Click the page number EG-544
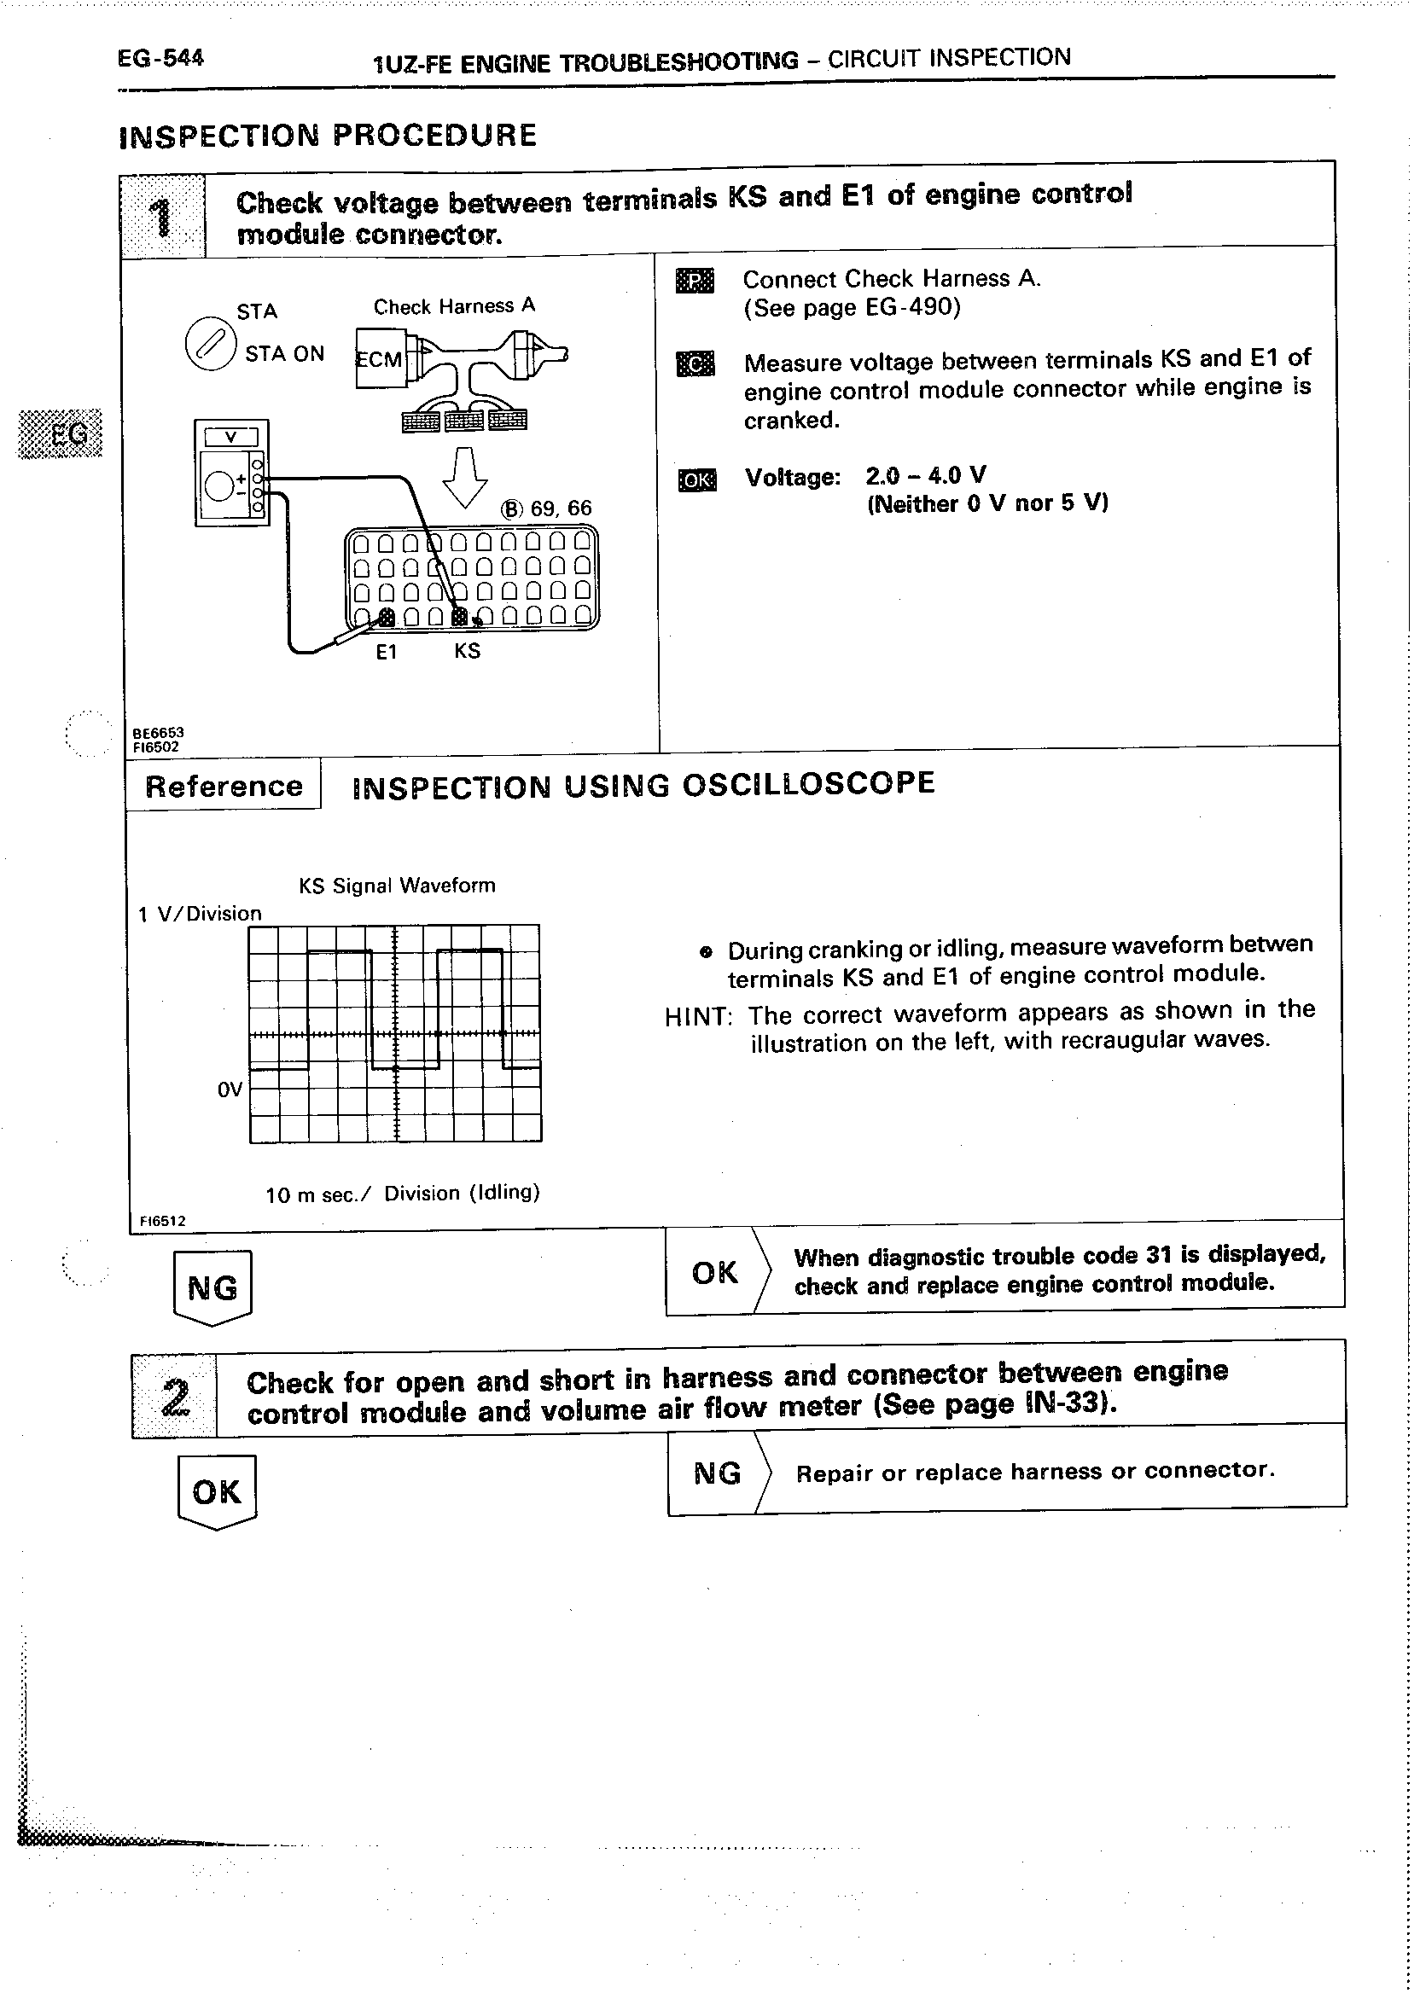pos(160,59)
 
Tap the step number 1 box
pos(163,216)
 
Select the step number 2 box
pos(174,1396)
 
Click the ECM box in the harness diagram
pos(381,358)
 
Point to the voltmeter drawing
pos(232,473)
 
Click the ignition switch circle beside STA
pos(211,344)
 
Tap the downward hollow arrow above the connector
pos(465,477)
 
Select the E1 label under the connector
pos(387,652)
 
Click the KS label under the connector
pos(467,651)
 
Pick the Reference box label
pos(224,786)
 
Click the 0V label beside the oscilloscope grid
pos(230,1089)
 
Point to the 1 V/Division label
pos(201,914)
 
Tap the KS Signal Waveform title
pos(397,886)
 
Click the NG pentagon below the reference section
pos(212,1287)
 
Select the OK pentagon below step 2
pos(216,1492)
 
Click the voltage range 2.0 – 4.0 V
pos(925,475)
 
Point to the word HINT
pos(698,1017)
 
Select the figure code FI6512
pos(163,1221)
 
